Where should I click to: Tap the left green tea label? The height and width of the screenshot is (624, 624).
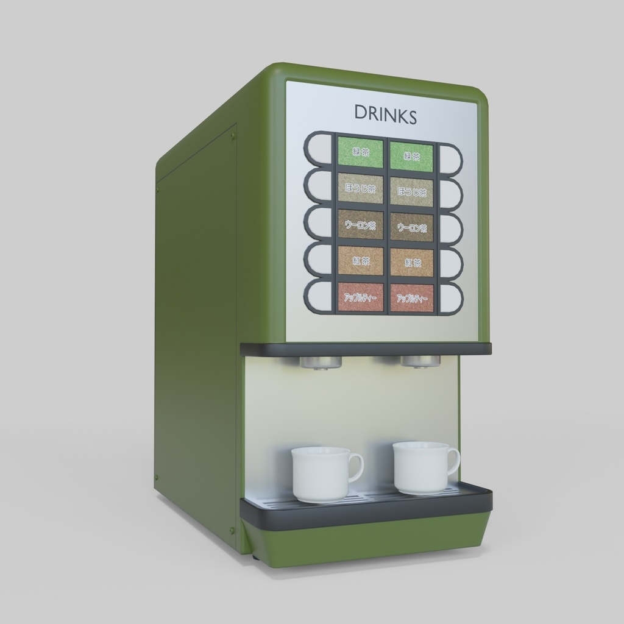click(x=361, y=152)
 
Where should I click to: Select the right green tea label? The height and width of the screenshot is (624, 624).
click(x=411, y=156)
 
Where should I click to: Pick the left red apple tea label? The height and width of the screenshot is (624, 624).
click(x=361, y=297)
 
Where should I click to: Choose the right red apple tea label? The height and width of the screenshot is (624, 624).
click(x=412, y=299)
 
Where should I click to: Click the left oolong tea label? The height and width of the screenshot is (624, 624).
click(x=361, y=225)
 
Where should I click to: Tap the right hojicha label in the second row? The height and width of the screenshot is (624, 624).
click(x=412, y=191)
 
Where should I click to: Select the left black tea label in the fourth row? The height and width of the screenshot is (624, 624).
click(x=361, y=261)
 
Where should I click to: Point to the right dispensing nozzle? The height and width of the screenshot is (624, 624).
click(x=420, y=361)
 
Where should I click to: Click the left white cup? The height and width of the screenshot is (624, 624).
click(x=321, y=474)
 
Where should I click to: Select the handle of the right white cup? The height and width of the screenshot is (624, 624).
click(x=453, y=461)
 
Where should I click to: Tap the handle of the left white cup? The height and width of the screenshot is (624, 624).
click(x=356, y=467)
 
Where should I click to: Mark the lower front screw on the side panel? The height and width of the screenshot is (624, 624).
click(x=232, y=530)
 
